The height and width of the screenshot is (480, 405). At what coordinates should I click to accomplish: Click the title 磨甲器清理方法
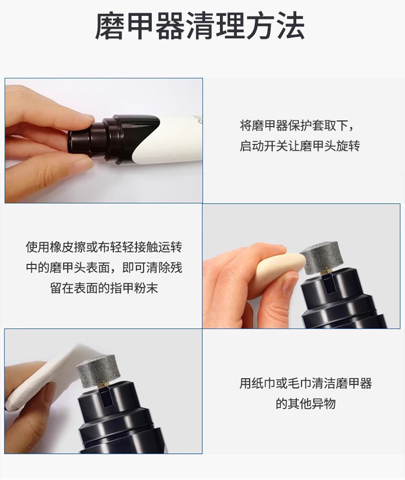coord(200,26)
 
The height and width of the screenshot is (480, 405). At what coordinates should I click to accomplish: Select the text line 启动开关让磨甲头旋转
coord(299,145)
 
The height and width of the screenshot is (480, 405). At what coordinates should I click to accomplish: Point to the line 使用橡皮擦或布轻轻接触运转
coord(104,247)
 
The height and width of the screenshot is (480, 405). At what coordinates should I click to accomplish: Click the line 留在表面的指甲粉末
coord(104,288)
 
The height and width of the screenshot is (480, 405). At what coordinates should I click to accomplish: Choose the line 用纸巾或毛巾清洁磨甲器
coord(306,383)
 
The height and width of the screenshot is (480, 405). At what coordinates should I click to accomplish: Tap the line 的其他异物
coord(306,404)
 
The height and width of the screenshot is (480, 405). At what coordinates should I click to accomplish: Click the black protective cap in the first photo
coord(113,137)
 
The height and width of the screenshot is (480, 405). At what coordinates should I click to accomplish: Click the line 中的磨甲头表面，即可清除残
coord(104,267)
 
